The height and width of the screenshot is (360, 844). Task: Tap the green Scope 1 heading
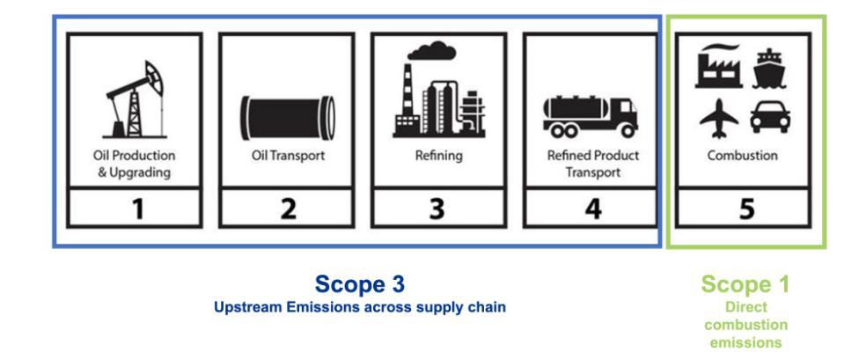coord(745,284)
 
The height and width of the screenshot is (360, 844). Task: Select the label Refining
coord(438,157)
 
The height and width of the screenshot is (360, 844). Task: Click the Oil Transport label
coord(287,157)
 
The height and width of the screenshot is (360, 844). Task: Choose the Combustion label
coord(744,157)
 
